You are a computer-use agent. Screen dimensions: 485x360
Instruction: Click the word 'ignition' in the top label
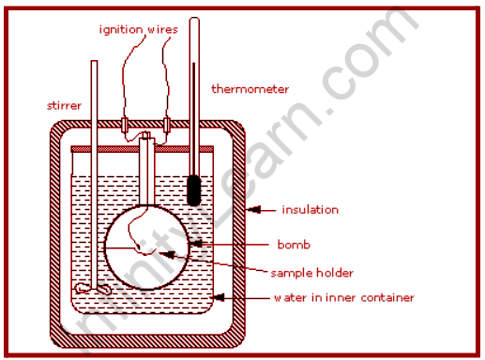[x=121, y=30]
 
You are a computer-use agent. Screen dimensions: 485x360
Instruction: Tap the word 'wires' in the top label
[x=162, y=29]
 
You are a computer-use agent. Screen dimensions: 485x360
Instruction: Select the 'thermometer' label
[x=250, y=89]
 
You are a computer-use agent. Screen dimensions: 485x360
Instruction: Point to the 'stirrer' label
[x=64, y=106]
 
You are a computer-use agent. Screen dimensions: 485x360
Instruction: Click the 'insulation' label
[x=310, y=210]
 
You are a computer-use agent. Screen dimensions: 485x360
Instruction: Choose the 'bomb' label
[x=294, y=245]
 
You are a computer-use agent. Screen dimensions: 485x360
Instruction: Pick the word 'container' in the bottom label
[x=387, y=297]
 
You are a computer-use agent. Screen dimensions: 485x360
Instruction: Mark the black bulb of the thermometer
[x=193, y=190]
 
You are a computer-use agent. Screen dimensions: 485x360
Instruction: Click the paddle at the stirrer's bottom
[x=93, y=289]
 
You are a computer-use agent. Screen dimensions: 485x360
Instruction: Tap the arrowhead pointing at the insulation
[x=254, y=209]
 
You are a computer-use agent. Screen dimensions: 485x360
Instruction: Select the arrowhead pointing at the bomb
[x=196, y=244]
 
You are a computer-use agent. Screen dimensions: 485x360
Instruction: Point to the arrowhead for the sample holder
[x=167, y=254]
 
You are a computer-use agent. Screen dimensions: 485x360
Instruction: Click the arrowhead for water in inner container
[x=219, y=297]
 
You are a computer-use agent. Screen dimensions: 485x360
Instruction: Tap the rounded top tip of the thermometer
[x=194, y=19]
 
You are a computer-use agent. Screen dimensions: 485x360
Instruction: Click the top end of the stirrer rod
[x=94, y=61]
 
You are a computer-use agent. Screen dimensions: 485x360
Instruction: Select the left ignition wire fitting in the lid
[x=125, y=125]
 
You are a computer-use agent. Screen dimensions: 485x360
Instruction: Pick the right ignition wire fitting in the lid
[x=167, y=125]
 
